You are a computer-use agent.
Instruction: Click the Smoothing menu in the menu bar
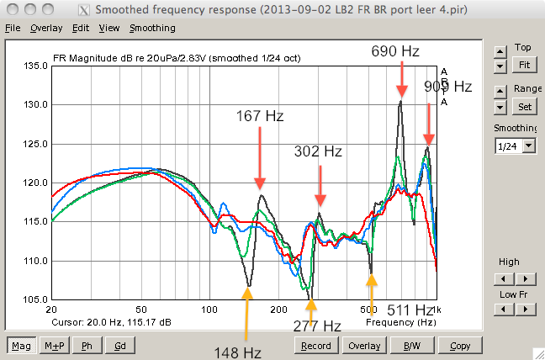click(x=152, y=28)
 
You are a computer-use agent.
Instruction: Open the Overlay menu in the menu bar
click(x=46, y=28)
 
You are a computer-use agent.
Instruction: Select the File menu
click(x=13, y=28)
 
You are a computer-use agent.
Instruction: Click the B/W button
click(x=412, y=346)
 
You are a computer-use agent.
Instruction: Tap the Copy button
click(x=460, y=346)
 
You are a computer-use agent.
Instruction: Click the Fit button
click(x=524, y=65)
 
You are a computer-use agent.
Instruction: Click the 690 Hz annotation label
click(x=395, y=52)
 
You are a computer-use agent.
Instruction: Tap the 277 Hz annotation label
click(x=316, y=326)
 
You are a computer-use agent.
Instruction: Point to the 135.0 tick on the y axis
click(x=34, y=65)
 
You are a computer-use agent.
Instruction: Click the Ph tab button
click(x=87, y=346)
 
